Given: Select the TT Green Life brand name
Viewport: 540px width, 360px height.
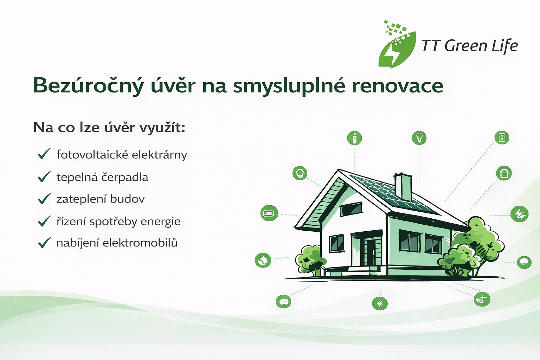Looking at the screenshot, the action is (470, 46).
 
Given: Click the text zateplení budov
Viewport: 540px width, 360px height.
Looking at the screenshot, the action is (101, 199).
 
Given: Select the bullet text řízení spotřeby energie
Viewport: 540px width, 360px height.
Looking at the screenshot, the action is (118, 221).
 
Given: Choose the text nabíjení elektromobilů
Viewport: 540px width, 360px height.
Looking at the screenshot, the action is (117, 243).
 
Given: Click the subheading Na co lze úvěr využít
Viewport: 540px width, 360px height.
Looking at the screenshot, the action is (109, 127).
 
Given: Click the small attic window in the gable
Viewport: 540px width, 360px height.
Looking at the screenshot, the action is (351, 209).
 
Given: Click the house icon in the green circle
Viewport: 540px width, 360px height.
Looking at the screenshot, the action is (504, 173).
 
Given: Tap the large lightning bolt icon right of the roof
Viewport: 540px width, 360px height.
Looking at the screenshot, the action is (520, 214).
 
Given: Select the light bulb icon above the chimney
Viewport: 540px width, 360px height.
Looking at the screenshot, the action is (419, 138).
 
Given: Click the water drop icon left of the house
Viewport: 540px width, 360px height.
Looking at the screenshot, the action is (263, 260).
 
